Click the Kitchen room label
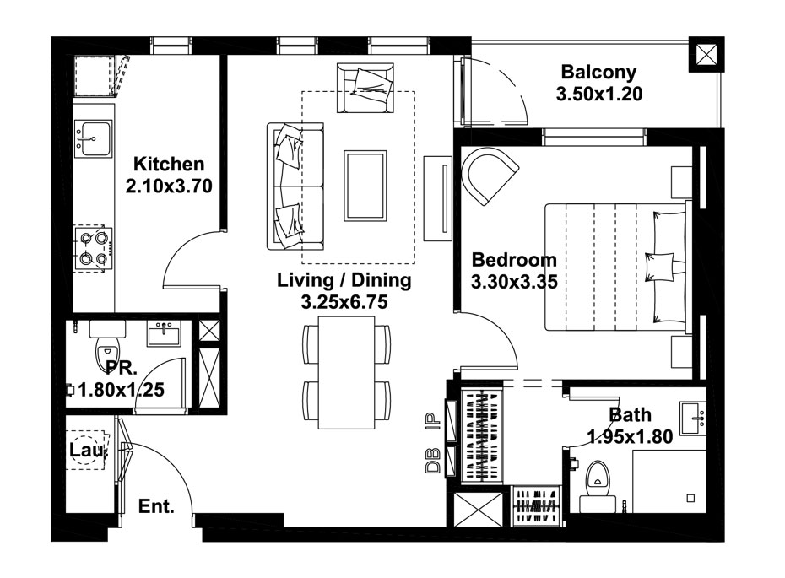point(169,164)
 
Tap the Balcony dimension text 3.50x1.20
point(599,95)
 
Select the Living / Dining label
point(344,280)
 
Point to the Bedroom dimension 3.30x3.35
point(514,283)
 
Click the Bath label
point(630,415)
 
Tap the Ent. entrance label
point(156,507)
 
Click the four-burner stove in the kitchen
point(93,249)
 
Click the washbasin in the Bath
point(694,415)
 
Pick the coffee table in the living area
point(365,186)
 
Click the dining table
point(346,377)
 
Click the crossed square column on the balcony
point(706,56)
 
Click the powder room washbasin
point(163,335)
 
